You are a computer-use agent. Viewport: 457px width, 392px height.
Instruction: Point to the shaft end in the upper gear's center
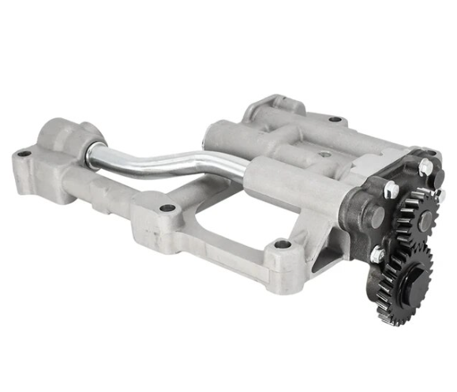pyautogui.click(x=425, y=222)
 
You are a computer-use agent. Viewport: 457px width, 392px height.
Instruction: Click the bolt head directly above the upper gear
pyautogui.click(x=426, y=167)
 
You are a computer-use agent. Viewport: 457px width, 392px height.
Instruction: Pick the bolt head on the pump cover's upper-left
pyautogui.click(x=390, y=189)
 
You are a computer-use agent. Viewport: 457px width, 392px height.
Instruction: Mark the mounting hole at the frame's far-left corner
pyautogui.click(x=24, y=154)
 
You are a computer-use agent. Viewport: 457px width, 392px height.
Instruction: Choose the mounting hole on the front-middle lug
pyautogui.click(x=167, y=208)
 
